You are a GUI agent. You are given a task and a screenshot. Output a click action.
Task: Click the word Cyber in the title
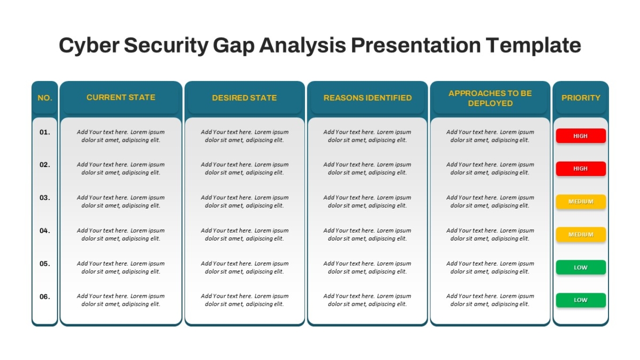[89, 45]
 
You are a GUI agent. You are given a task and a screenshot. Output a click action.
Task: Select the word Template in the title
[533, 45]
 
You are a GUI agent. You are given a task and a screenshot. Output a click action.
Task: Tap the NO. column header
[45, 98]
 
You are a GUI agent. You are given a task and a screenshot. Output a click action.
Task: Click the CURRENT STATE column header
[121, 98]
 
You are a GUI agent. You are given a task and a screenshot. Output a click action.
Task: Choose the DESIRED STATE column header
[244, 98]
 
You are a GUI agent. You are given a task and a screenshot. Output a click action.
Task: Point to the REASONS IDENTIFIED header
[367, 98]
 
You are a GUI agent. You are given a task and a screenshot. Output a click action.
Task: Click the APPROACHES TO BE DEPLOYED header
[490, 98]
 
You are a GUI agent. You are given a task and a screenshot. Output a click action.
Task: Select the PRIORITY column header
[581, 98]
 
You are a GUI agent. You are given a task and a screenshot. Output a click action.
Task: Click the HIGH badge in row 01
[581, 135]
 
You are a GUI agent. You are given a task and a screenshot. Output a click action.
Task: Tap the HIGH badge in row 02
[581, 169]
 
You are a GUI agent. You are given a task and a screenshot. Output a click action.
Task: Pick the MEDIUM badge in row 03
[581, 202]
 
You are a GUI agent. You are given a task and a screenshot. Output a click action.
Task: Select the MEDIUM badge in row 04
[581, 235]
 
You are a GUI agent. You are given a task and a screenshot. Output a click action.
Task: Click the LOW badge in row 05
[581, 267]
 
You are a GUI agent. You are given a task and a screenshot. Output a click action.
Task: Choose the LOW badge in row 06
[581, 300]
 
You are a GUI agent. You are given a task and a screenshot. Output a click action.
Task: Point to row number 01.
[45, 132]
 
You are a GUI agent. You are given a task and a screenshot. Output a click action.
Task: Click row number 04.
[45, 230]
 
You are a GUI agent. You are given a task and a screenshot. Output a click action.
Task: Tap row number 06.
[45, 297]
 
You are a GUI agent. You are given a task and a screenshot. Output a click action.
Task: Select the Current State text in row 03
[121, 202]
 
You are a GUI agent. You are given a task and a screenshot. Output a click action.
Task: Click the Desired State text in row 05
[244, 267]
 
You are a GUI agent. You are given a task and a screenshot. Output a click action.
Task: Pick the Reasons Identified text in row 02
[367, 169]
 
